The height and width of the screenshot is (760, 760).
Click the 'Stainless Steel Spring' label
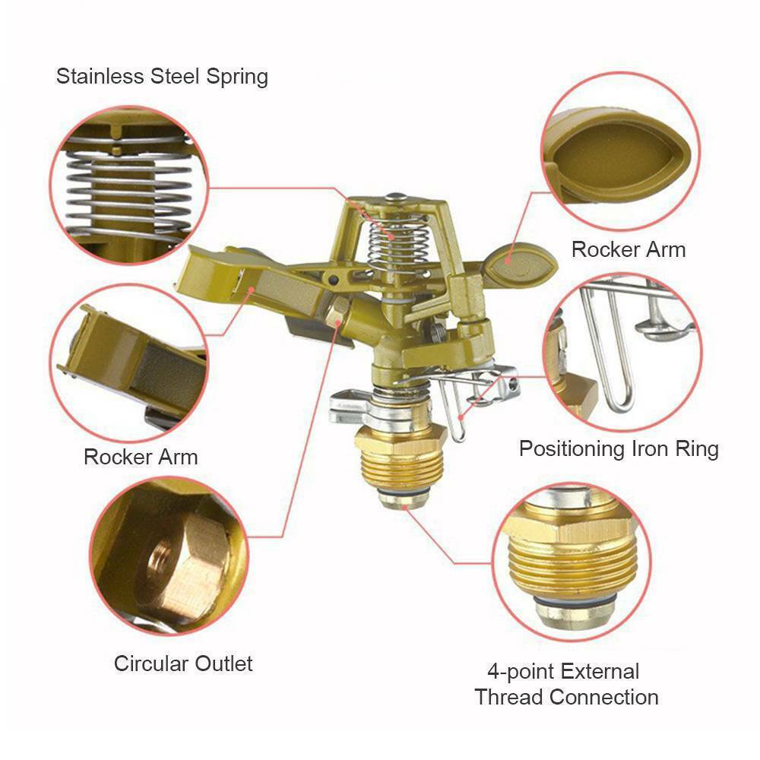[x=162, y=77]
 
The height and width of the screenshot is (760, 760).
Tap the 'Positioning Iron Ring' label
[x=619, y=449]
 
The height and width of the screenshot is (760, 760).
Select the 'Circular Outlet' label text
[x=183, y=663]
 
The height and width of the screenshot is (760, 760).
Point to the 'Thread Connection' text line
[x=566, y=698]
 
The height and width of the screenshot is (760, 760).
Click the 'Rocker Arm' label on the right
[x=629, y=249]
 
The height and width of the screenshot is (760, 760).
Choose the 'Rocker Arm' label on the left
[x=141, y=457]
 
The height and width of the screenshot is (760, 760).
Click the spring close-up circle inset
[x=129, y=185]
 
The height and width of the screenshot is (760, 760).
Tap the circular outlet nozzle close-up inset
[x=169, y=556]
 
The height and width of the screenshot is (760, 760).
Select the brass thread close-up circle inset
[x=572, y=562]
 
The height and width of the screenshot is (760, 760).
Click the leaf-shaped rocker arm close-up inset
[x=620, y=151]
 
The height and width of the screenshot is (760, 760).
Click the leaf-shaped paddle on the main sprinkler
[x=520, y=264]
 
